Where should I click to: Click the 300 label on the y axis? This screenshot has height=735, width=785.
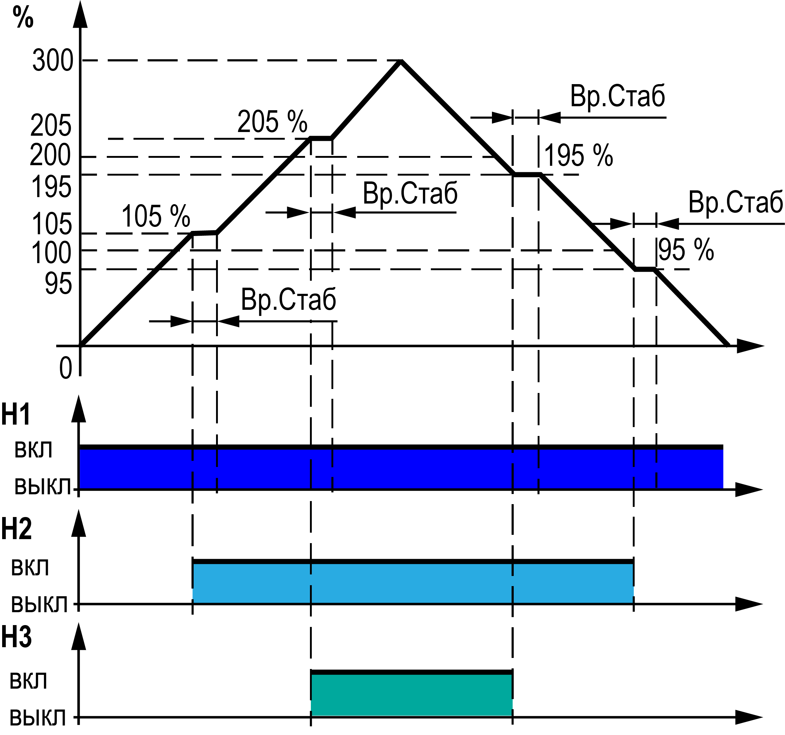point(53,60)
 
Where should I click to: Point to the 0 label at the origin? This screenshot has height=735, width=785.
point(66,368)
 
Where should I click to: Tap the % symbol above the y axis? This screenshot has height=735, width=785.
point(23,17)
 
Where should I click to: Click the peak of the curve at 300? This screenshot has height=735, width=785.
point(401,61)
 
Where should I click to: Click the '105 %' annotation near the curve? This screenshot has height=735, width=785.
point(156,216)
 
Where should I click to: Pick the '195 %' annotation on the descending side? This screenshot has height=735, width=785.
point(578,155)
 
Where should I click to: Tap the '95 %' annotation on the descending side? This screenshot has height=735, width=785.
point(686,250)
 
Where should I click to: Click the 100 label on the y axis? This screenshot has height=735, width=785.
point(51,253)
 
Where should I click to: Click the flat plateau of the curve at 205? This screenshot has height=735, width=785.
point(321,138)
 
